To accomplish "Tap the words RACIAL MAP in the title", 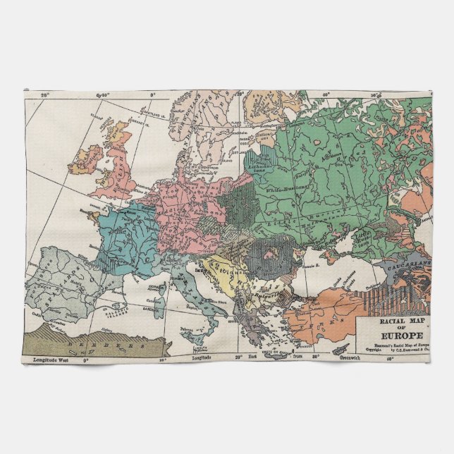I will point(395,321).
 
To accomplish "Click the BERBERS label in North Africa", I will point(105,345).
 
